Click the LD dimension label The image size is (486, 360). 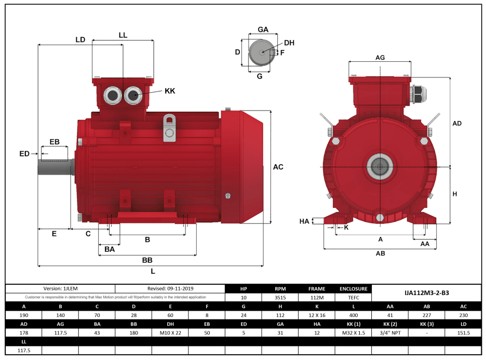(x=80, y=39)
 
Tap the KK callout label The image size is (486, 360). (x=170, y=91)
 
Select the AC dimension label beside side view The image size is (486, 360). (x=278, y=167)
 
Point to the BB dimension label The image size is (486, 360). (x=147, y=260)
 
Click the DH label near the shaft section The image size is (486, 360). (x=289, y=43)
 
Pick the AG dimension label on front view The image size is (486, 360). (x=380, y=58)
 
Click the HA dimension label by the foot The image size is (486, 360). (x=304, y=221)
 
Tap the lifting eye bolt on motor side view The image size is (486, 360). (x=169, y=128)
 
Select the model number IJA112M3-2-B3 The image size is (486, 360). (x=426, y=292)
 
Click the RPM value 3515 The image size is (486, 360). (x=280, y=298)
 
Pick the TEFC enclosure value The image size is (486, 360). (x=353, y=298)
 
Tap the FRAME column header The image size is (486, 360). (x=317, y=289)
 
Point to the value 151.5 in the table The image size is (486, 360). (x=463, y=333)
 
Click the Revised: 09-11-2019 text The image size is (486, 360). (x=169, y=288)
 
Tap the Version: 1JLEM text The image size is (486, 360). (x=60, y=288)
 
